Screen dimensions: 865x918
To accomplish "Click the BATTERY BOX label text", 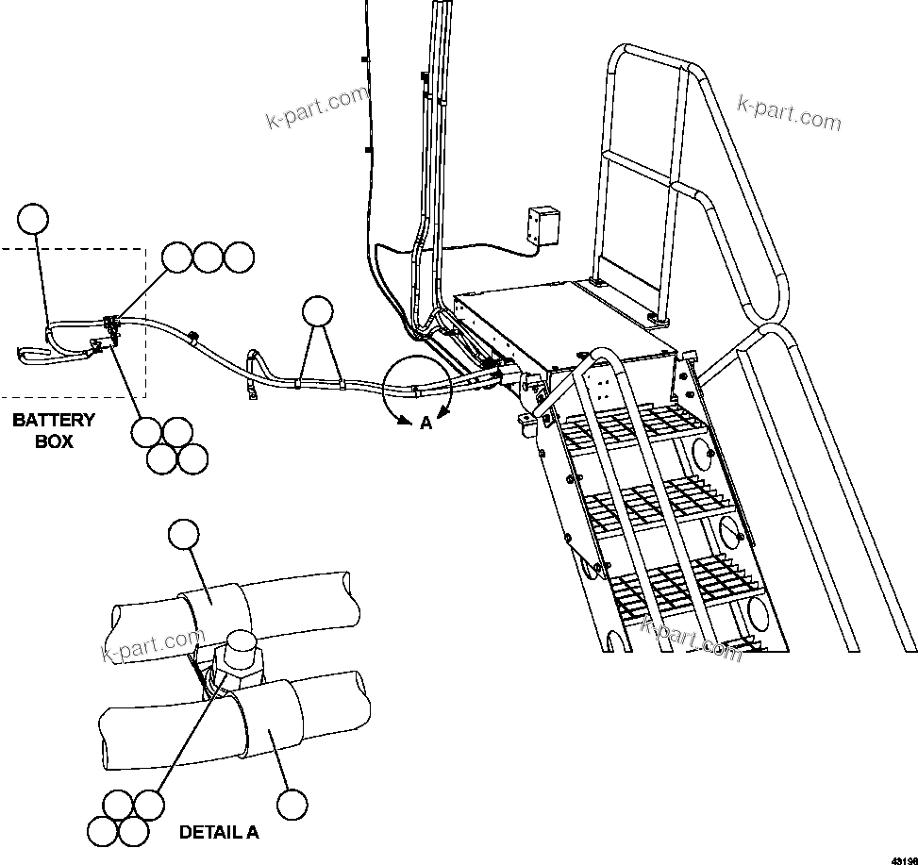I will click(x=54, y=430).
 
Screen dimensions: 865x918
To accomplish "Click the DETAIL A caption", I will click(x=219, y=833).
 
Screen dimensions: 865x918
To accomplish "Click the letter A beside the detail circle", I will click(x=426, y=424).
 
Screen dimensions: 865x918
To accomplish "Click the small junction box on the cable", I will click(x=543, y=225).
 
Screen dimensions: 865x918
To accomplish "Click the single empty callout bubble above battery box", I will click(x=34, y=219).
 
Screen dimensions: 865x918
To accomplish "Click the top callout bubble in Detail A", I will click(x=183, y=534).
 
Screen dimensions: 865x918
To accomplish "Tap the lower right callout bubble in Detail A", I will click(x=292, y=804).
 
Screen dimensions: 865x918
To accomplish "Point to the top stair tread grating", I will click(x=636, y=425).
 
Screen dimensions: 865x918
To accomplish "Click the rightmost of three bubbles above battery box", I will click(x=240, y=258).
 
